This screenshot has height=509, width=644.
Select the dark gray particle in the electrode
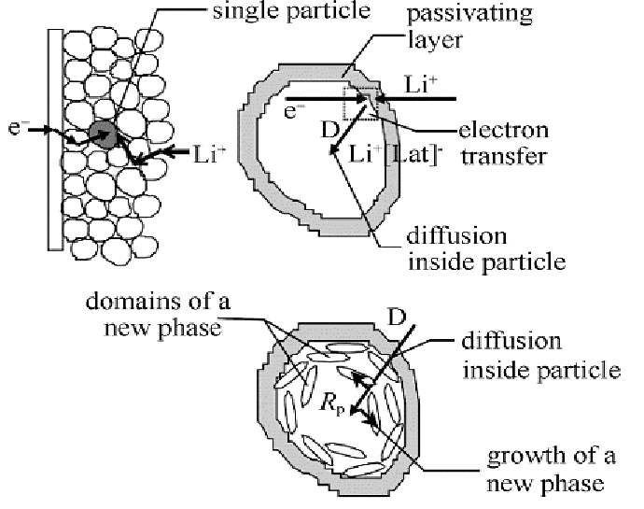pyautogui.click(x=104, y=134)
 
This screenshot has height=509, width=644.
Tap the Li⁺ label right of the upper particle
pyautogui.click(x=417, y=82)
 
